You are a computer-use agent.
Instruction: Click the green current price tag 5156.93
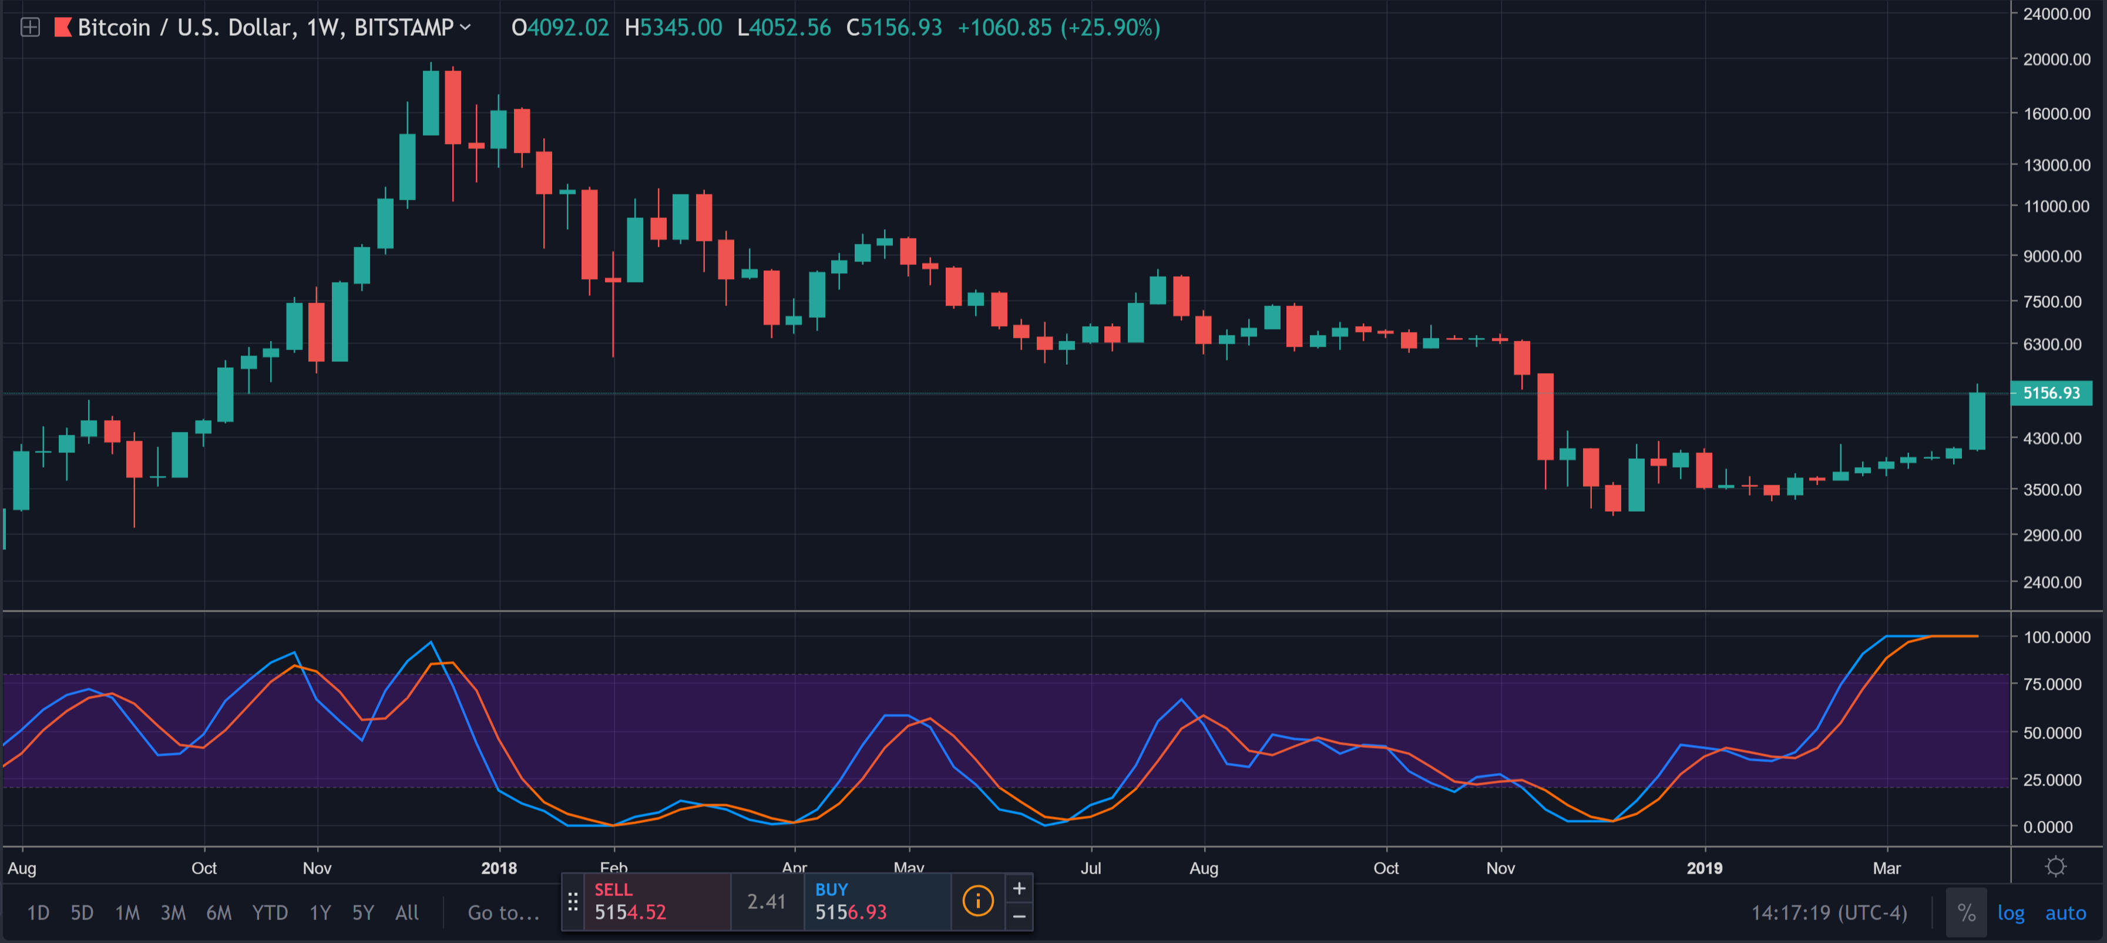[x=2051, y=392]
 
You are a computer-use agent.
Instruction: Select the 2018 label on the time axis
[x=499, y=868]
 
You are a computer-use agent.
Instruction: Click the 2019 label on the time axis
[x=1704, y=868]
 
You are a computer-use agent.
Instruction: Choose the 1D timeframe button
[x=38, y=912]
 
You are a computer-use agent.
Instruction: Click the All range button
[x=406, y=912]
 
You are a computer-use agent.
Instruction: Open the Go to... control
[x=503, y=912]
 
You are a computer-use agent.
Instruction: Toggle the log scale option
[x=2011, y=912]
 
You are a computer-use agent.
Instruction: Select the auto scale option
[x=2065, y=912]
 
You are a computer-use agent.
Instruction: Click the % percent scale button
[x=1966, y=912]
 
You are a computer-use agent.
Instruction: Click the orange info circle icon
[x=977, y=901]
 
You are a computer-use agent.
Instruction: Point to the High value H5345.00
[x=673, y=28]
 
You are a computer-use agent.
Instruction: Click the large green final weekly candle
[x=1977, y=421]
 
